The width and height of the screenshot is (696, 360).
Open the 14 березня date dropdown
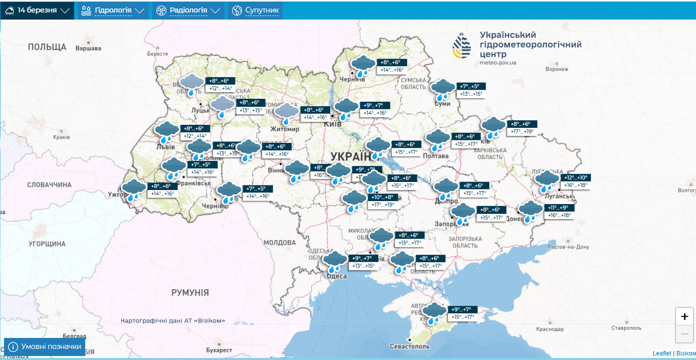point(37,10)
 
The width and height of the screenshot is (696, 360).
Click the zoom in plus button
point(684,316)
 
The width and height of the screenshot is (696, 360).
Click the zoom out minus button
point(684,334)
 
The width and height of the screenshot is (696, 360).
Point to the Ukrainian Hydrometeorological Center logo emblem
point(461,46)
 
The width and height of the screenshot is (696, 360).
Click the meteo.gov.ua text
point(498,63)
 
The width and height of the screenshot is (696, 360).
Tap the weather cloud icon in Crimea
point(434,313)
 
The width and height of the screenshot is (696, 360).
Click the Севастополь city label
point(409,346)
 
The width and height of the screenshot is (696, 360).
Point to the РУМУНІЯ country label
point(190,292)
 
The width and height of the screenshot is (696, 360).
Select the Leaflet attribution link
point(661,353)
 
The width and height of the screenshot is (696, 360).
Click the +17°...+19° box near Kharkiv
point(522,132)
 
